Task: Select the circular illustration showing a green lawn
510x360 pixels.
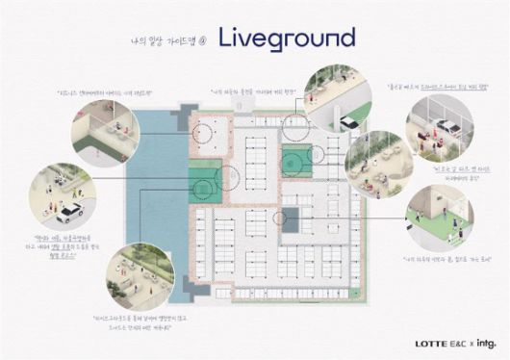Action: coord(439,217)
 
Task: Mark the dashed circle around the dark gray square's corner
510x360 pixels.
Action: coord(281,219)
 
